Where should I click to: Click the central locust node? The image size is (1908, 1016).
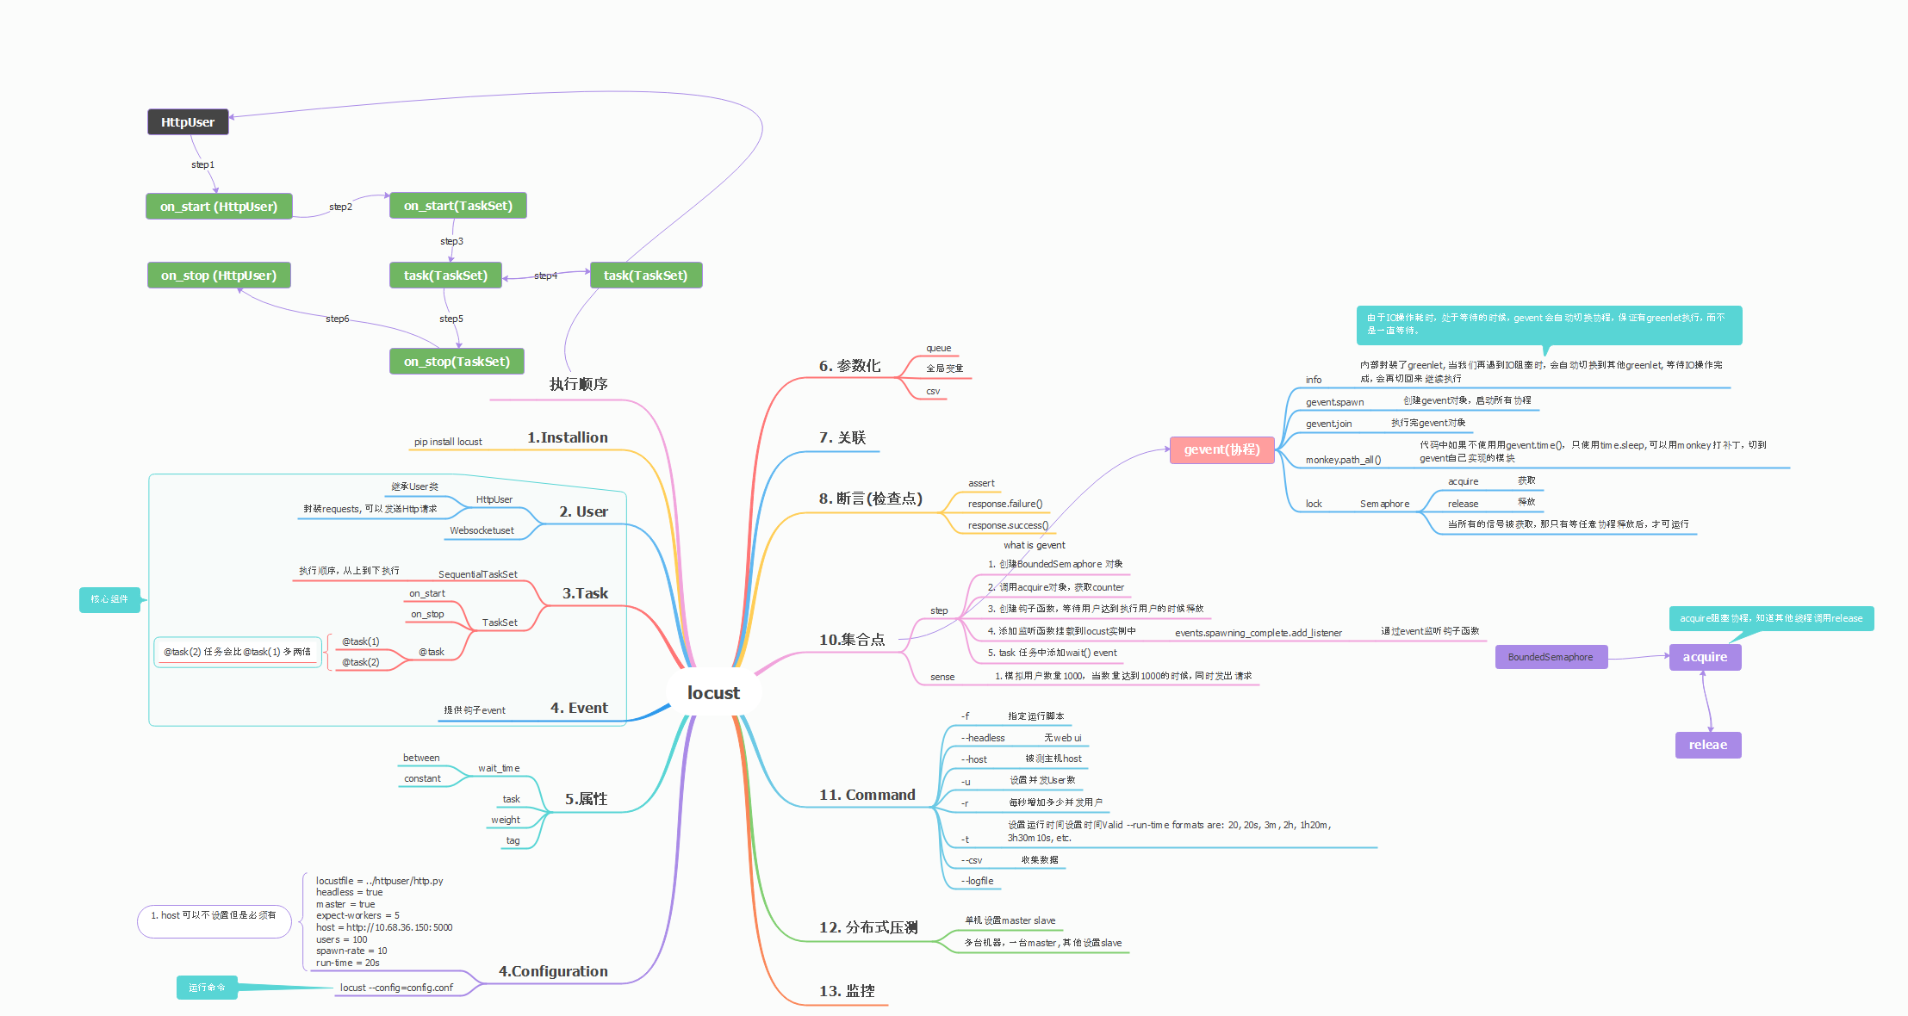pos(713,693)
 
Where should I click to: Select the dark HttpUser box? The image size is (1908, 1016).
pos(188,122)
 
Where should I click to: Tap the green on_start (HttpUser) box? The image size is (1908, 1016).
pos(219,207)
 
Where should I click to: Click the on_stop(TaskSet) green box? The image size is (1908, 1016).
pos(457,362)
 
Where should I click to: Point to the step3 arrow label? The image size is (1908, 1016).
pos(451,241)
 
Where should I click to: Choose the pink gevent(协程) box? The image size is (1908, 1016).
pos(1221,449)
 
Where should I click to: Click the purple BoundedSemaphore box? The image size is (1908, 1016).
pos(1551,657)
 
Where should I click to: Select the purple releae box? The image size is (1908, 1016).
pos(1707,745)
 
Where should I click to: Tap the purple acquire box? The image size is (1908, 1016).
pos(1705,657)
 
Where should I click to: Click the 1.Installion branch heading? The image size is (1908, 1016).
pos(568,437)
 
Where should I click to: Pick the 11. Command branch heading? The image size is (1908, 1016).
pos(867,795)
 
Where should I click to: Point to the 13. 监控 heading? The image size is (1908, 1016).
pos(847,991)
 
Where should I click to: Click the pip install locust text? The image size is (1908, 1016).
pos(448,442)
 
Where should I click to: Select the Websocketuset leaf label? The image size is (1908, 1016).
pos(482,530)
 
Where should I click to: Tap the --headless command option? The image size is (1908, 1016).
pos(983,738)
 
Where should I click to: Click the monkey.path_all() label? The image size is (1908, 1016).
pos(1343,460)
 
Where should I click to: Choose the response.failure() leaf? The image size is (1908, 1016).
pos(1004,504)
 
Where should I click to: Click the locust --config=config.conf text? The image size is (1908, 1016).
pos(396,988)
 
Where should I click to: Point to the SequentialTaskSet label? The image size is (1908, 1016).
pos(478,574)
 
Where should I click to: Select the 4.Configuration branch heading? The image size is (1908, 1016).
pos(553,971)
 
